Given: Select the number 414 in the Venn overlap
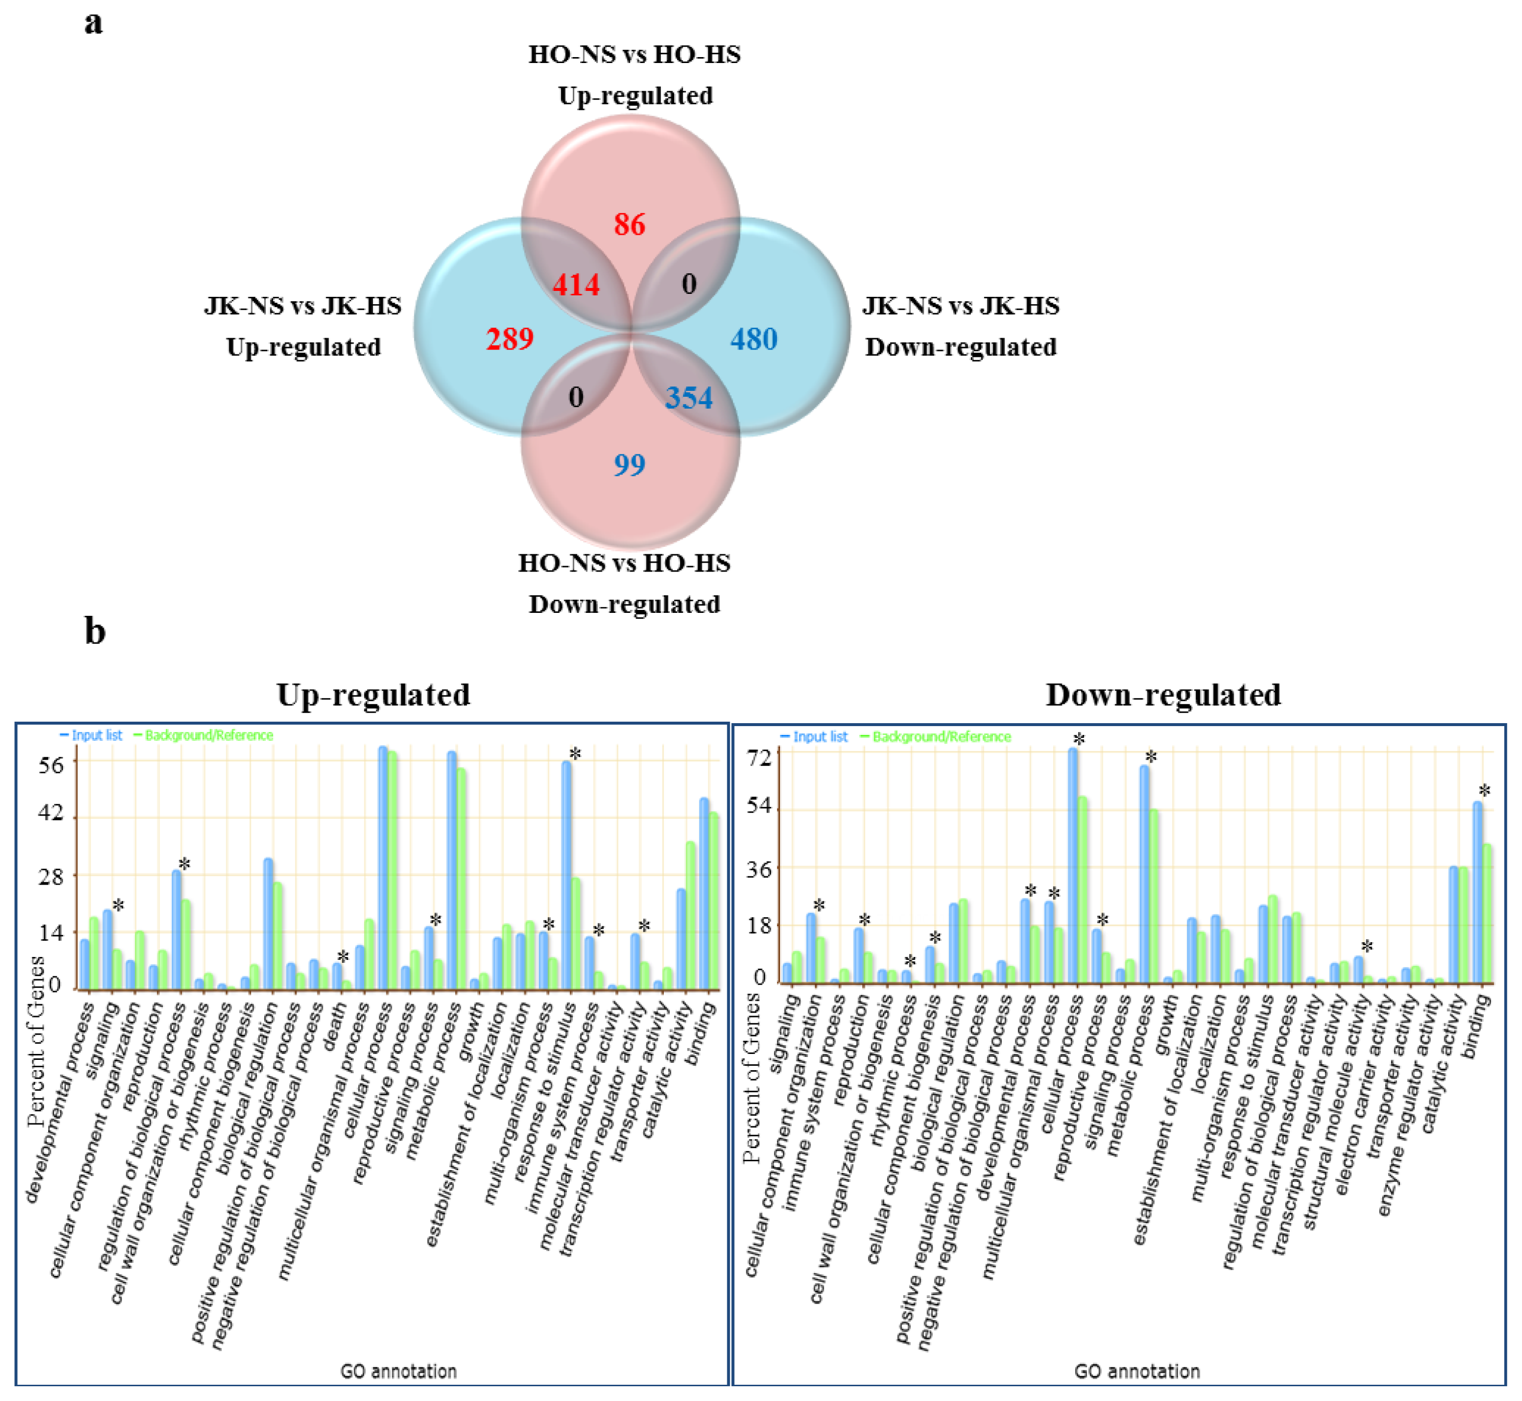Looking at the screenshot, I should click(x=576, y=285).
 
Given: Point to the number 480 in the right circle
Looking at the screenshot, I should click(x=753, y=339).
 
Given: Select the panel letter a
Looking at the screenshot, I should click(x=93, y=23).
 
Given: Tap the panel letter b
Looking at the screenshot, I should click(x=95, y=631).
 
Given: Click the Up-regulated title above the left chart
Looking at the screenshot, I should click(x=373, y=695).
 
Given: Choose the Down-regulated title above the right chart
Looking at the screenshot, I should click(x=1163, y=695).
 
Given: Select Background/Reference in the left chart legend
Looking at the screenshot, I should click(x=209, y=735).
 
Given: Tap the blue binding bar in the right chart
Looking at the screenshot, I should click(x=1477, y=894).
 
